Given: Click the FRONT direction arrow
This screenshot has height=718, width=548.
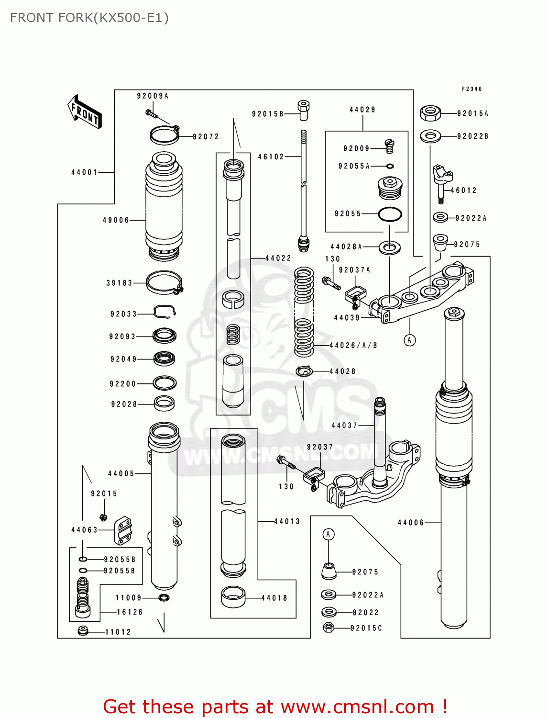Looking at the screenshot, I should point(85,112).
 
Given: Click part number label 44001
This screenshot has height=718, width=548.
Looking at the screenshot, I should point(84,172).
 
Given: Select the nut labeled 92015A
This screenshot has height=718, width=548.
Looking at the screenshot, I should point(430,113).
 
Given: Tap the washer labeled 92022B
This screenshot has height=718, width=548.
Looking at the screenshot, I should point(430,136).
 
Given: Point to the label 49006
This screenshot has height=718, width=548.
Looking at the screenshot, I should point(116,220).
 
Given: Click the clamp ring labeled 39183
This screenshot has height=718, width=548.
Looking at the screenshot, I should point(164,283).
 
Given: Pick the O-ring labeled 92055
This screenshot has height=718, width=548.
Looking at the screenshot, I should point(390,214).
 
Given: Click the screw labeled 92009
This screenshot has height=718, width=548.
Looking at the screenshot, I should point(390,146).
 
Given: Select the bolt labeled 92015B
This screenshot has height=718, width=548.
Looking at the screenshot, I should point(303,111).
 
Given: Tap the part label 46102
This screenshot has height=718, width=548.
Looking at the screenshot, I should point(271,157).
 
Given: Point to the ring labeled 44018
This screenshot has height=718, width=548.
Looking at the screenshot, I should point(233,597).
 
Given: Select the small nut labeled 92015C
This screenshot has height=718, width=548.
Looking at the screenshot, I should point(329,628).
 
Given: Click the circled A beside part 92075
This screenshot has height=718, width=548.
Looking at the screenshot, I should point(328,534).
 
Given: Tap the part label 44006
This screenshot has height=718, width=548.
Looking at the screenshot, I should point(411,523).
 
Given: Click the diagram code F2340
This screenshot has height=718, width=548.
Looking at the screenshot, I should point(471,89).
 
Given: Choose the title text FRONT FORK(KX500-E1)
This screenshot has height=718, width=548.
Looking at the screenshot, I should point(89,18).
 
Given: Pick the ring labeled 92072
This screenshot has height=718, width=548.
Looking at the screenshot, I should point(164,135).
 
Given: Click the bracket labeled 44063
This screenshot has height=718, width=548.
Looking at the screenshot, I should point(123,530).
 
